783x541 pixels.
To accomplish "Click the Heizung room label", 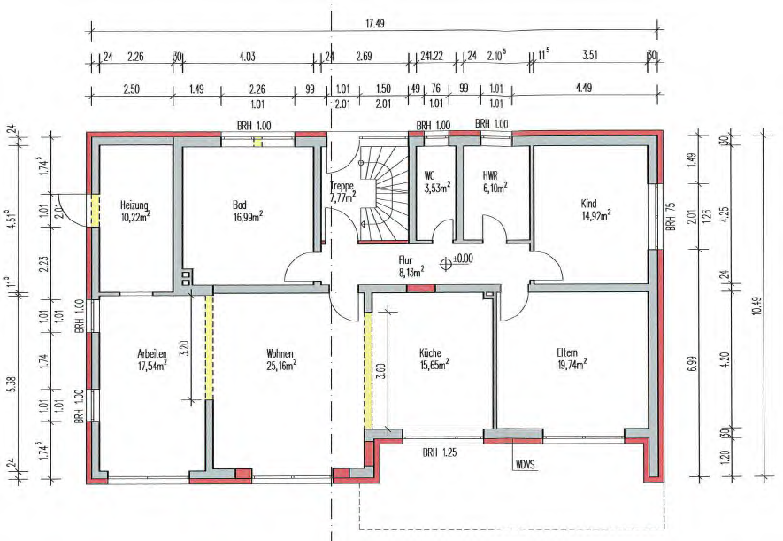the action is coord(134,205).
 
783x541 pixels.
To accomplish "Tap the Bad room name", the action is coord(239,205).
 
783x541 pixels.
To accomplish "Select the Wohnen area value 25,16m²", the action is coord(281,367).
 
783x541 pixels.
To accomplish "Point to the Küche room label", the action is coord(430,353).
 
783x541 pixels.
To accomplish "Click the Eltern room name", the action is coord(567,352).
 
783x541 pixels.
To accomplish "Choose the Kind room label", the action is coord(588,204).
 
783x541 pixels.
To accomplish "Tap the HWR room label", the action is coord(490,176).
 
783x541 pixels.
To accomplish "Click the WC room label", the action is coord(429,176).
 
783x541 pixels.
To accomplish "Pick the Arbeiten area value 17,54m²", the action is coord(152,367).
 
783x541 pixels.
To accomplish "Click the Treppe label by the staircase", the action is coord(342,186).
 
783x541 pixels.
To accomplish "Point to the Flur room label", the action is coord(405,260).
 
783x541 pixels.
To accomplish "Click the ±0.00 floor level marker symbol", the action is coord(446,264).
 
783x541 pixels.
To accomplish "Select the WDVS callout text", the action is coord(525,465).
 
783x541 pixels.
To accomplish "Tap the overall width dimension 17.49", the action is coord(374,24).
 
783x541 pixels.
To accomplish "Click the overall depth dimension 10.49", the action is coord(756,305).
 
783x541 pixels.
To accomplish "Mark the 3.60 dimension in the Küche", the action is coord(381,371).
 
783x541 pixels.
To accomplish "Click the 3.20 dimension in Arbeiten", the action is coord(184,348).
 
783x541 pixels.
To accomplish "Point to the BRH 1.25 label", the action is coord(440,452).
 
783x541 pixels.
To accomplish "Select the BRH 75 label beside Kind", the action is coord(671,216).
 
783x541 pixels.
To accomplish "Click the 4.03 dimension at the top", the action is coord(247,56).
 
